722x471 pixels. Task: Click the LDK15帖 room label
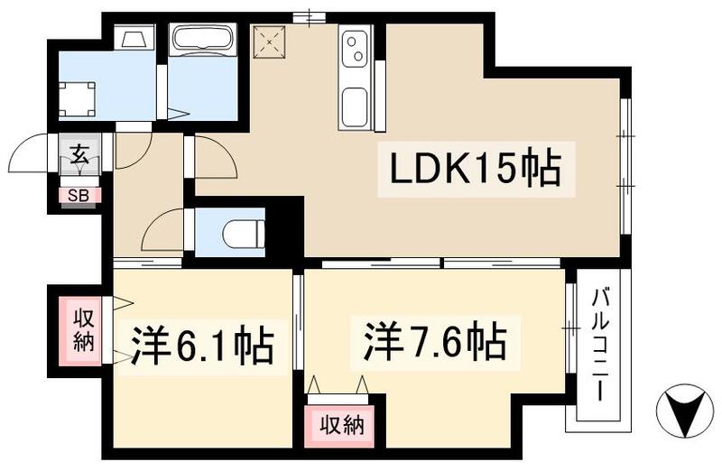tap(476, 169)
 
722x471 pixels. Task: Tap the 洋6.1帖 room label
tap(202, 345)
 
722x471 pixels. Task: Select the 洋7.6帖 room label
tap(435, 341)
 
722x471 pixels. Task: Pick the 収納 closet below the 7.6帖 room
tap(340, 424)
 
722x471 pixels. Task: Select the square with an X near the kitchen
tap(270, 40)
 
